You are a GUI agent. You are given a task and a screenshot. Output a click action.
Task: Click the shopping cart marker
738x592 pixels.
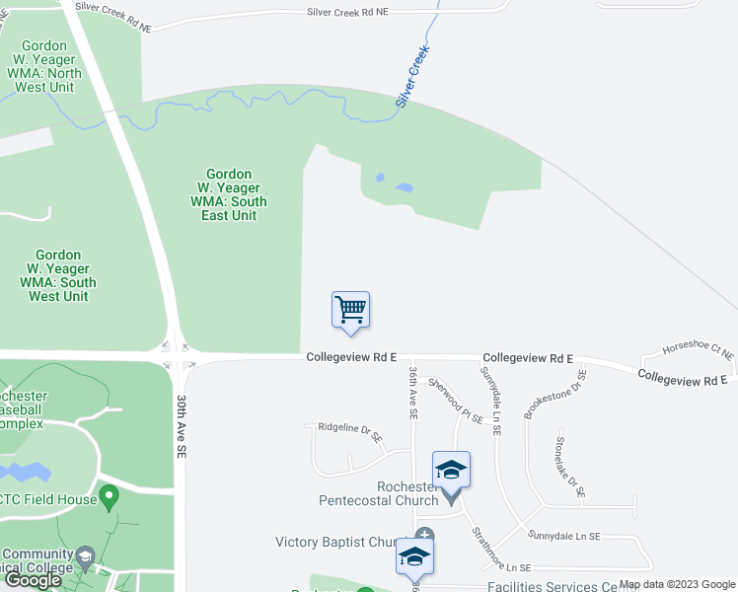pos(350,310)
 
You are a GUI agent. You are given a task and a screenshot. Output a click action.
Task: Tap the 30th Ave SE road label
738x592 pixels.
pos(182,425)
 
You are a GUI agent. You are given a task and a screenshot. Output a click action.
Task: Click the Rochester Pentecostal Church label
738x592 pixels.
pos(379,493)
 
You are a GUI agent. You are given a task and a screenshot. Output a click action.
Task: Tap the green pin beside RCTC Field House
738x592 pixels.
pos(111,498)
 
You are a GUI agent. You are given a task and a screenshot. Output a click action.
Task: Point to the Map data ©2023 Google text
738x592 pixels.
pos(677,584)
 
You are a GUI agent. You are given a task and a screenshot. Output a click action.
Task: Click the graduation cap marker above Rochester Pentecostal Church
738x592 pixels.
pos(451,471)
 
